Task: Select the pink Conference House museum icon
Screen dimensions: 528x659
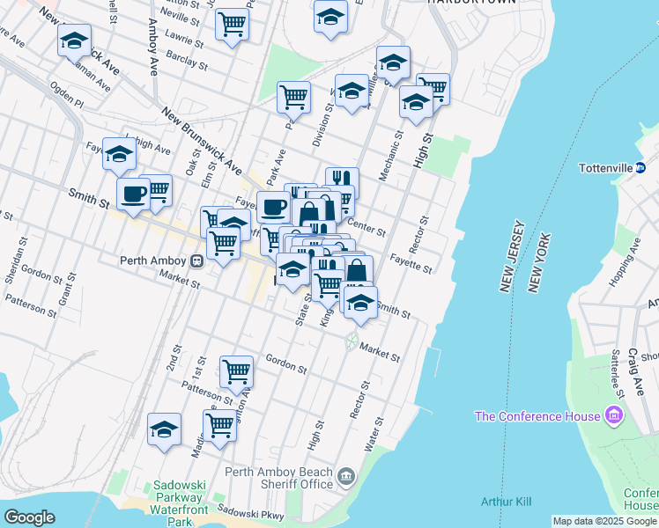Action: [614, 415]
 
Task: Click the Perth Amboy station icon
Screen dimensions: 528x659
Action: [198, 260]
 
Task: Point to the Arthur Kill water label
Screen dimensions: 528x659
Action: [506, 502]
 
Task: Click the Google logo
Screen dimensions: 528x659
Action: [29, 517]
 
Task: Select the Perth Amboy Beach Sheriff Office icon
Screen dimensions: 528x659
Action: [346, 478]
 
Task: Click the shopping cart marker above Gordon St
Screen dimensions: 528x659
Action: [236, 372]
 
